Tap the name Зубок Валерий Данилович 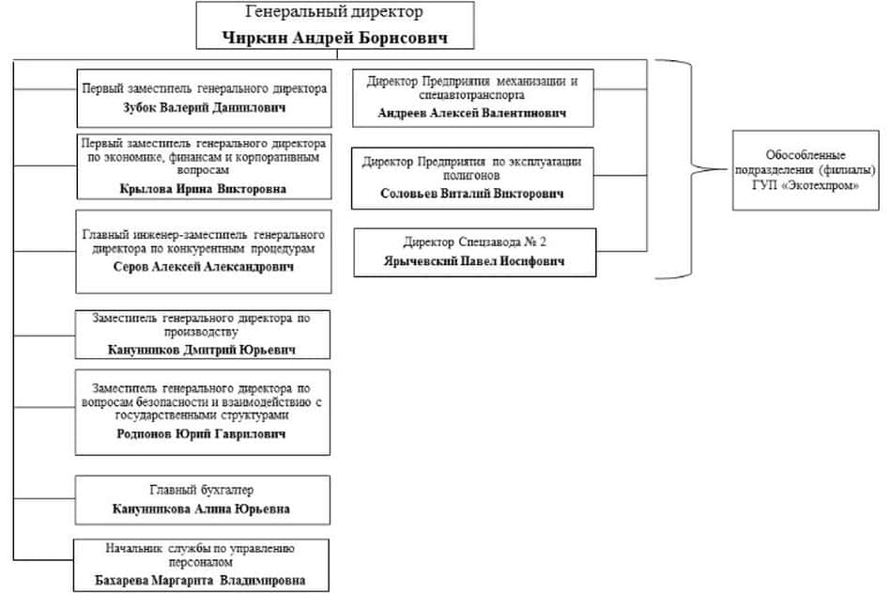pyautogui.click(x=204, y=107)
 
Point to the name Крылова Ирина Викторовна pyautogui.click(x=203, y=188)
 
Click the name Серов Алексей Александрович pyautogui.click(x=203, y=267)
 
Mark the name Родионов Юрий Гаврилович pyautogui.click(x=204, y=434)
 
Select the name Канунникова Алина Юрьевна pyautogui.click(x=202, y=508)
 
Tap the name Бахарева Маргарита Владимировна pyautogui.click(x=202, y=580)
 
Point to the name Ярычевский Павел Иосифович pyautogui.click(x=473, y=262)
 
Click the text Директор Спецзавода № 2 pyautogui.click(x=474, y=242)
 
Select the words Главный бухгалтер pyautogui.click(x=202, y=491)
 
